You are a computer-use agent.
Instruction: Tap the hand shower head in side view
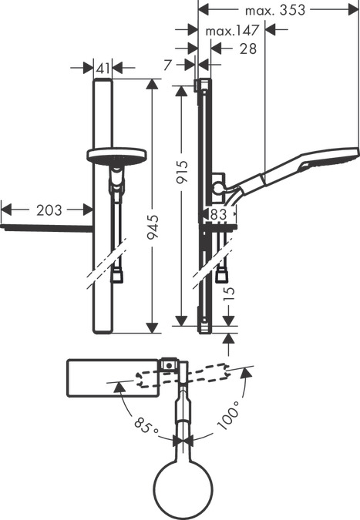pos(328,157)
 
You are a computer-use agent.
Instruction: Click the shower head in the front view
pos(117,155)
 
